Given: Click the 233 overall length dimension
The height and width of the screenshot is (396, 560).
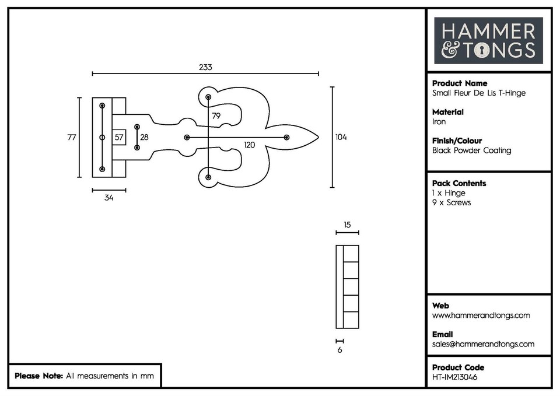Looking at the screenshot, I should tap(205, 67).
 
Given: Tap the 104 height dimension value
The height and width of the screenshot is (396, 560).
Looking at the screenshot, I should tap(341, 137).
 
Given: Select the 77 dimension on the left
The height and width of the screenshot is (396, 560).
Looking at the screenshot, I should tap(72, 138).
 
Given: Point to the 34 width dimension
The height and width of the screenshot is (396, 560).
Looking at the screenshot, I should tap(108, 198).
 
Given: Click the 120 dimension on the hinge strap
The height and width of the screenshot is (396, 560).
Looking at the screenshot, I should tap(250, 145).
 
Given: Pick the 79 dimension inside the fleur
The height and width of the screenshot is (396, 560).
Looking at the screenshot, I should tap(216, 116).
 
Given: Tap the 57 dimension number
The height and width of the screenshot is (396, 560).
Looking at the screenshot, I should tap(118, 138).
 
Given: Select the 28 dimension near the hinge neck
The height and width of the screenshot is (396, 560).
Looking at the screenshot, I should tap(144, 138).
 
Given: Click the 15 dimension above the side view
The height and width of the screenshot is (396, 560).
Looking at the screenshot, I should tap(347, 225).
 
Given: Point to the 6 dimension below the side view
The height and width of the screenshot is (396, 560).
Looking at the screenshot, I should tap(339, 350).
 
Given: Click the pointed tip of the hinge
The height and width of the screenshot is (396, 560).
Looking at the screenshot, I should tap(317, 138).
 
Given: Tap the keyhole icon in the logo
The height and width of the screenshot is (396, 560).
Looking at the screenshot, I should tap(482, 51).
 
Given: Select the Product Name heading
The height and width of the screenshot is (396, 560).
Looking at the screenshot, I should tap(459, 83).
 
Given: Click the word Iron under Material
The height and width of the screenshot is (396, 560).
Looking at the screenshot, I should tap(439, 122).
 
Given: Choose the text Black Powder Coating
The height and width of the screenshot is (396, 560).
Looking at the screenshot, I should tap(471, 150).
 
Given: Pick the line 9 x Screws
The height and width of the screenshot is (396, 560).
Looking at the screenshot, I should tap(451, 202).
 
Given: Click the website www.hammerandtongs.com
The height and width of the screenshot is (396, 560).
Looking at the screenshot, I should tap(481, 316).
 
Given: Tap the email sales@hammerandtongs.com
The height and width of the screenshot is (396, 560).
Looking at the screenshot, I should tap(483, 344).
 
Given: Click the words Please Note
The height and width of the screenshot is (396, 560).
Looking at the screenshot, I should tap(38, 376).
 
